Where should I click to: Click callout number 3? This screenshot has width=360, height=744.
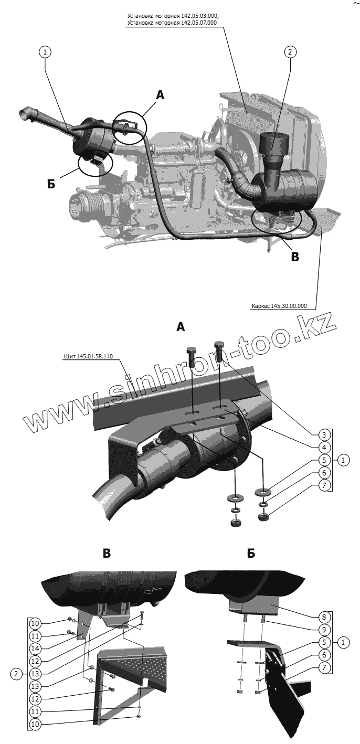pos(325,435)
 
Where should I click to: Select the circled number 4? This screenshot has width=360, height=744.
pos(325,448)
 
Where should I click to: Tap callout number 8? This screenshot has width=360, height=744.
pos(325,617)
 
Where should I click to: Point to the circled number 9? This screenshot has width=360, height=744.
pos(325,630)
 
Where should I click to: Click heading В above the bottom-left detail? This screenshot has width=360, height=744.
pos(107,553)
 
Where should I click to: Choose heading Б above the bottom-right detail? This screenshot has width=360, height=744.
pos(251,553)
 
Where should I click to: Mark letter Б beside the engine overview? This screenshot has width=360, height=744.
pos(51,184)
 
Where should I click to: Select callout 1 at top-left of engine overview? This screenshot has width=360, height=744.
pos(45,52)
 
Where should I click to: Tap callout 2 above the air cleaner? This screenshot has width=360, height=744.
pos(290,52)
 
